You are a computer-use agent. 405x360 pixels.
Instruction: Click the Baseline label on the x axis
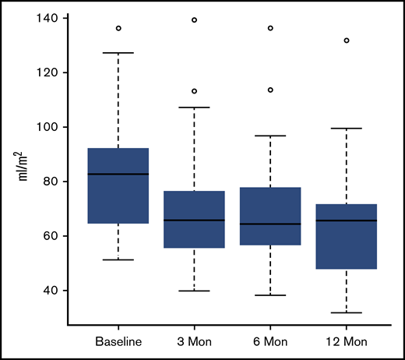pos(118,341)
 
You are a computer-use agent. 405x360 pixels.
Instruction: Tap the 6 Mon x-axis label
pos(270,341)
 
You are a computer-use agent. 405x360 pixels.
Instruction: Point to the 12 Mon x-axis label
pos(347,341)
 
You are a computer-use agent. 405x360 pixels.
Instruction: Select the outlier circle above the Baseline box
pos(118,28)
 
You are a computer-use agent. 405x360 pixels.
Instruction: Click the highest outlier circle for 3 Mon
pos(194,20)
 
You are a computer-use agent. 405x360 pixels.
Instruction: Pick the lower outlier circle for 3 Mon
pos(194,90)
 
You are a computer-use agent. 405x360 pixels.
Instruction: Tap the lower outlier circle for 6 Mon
pos(270,90)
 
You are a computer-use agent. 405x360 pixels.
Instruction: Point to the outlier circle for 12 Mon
pos(347,40)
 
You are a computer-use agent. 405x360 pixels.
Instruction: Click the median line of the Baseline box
pos(118,174)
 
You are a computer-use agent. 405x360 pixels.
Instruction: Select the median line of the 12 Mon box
pos(347,221)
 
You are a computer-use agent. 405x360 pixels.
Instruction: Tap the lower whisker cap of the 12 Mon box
pos(347,312)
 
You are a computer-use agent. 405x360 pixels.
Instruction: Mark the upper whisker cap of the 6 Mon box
pos(270,136)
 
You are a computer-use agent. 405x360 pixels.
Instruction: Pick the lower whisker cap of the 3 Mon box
pos(194,291)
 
